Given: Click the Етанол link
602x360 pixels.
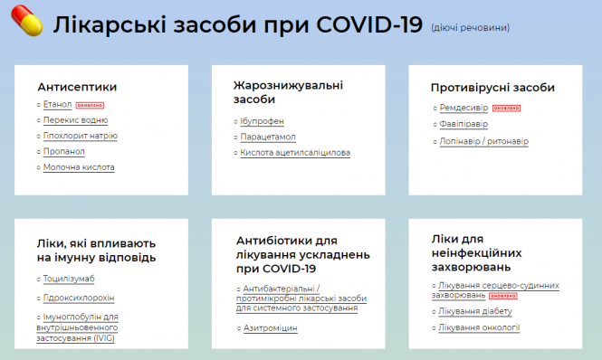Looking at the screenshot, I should pos(57,105).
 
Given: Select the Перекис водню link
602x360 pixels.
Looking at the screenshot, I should pos(76,120).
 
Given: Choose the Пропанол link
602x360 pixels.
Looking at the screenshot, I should pos(64,151).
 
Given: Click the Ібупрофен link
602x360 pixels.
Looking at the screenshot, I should pos(263,120).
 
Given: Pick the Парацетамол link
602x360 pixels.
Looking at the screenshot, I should pos(269,137).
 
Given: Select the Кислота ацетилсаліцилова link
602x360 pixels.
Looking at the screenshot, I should pos(295,153).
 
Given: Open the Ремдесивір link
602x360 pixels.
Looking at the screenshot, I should pos(463,109).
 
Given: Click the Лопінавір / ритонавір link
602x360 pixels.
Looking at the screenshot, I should pos(483,141).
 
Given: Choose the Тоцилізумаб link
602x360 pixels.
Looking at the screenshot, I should pos(69,279).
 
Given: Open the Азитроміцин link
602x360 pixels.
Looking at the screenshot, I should pos(271,328).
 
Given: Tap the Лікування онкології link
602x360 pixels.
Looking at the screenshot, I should pos(479,327).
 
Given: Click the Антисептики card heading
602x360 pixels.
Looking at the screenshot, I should pos(77,87).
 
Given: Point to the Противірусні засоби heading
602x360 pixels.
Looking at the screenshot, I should pos(492,88).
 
